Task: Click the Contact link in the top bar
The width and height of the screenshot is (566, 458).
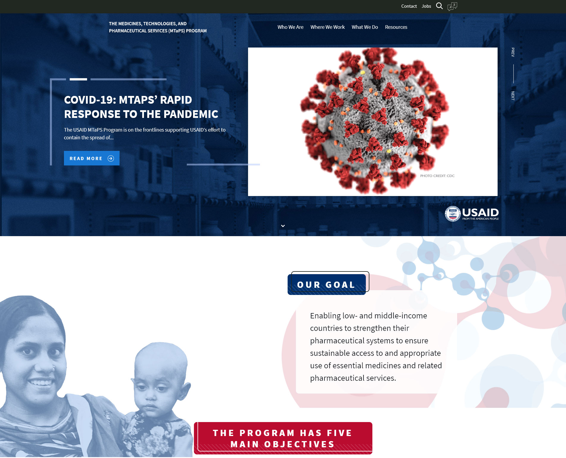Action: (409, 6)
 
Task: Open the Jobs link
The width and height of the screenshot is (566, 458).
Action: (426, 6)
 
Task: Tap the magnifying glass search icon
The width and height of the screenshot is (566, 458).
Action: (439, 6)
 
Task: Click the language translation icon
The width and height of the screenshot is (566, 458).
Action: (452, 6)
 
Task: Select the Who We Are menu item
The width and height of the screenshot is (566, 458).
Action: (291, 27)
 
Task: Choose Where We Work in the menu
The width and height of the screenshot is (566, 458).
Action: (327, 27)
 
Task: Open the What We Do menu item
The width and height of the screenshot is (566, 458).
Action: (365, 27)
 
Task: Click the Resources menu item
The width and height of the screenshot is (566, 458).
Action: (396, 27)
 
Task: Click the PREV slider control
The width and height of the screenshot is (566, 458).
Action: (513, 52)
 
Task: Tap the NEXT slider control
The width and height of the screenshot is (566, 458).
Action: (513, 96)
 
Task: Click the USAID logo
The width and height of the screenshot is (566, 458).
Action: (472, 214)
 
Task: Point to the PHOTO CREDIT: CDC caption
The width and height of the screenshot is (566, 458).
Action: (437, 176)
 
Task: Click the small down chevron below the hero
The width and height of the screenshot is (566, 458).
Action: (283, 226)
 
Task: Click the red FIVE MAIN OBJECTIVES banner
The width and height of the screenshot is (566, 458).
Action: (283, 438)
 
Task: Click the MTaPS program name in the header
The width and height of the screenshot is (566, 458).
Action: (158, 27)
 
